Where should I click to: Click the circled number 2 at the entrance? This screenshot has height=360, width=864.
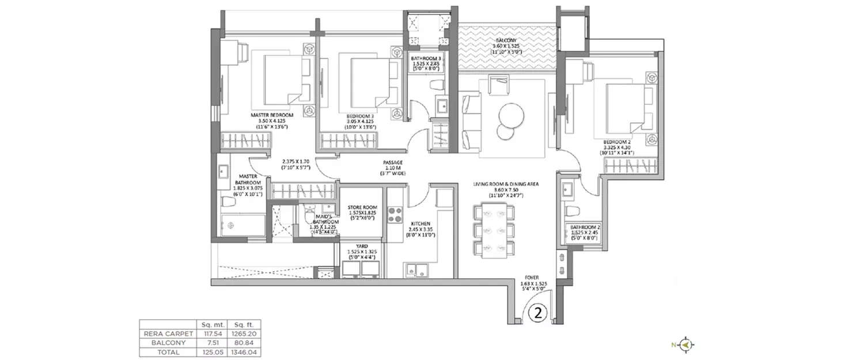pos(537,314)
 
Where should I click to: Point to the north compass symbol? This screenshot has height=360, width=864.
pos(685,344)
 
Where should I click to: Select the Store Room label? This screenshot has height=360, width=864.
pos(362,207)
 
